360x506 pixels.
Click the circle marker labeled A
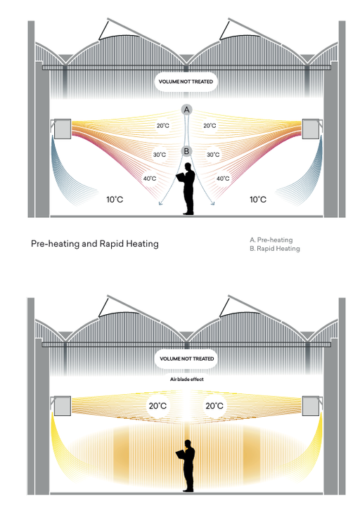coord(186,110)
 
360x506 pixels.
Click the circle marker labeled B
coord(186,151)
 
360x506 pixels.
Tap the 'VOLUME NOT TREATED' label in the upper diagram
coord(186,82)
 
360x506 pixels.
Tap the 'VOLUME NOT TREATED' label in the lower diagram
coord(186,359)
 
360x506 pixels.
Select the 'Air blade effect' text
coord(186,379)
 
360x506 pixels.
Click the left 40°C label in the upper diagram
coord(150,179)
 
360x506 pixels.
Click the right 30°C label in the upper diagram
coord(213,155)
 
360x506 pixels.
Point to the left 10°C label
coord(115,200)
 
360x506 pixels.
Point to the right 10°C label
coord(258,200)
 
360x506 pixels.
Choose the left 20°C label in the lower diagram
coord(157,406)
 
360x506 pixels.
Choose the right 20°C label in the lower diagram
coord(214,406)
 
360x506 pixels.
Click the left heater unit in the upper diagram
coord(62,129)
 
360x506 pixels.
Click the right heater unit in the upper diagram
coord(311,129)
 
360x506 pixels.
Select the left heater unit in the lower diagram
coord(62,406)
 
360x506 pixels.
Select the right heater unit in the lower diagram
coord(311,406)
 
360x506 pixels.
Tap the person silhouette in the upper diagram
coord(187,189)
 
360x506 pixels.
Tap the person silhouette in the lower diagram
coord(187,466)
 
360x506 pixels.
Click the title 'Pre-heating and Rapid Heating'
coord(95,244)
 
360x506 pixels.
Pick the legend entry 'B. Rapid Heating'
coord(275,249)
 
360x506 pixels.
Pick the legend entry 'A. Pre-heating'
coord(271,240)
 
